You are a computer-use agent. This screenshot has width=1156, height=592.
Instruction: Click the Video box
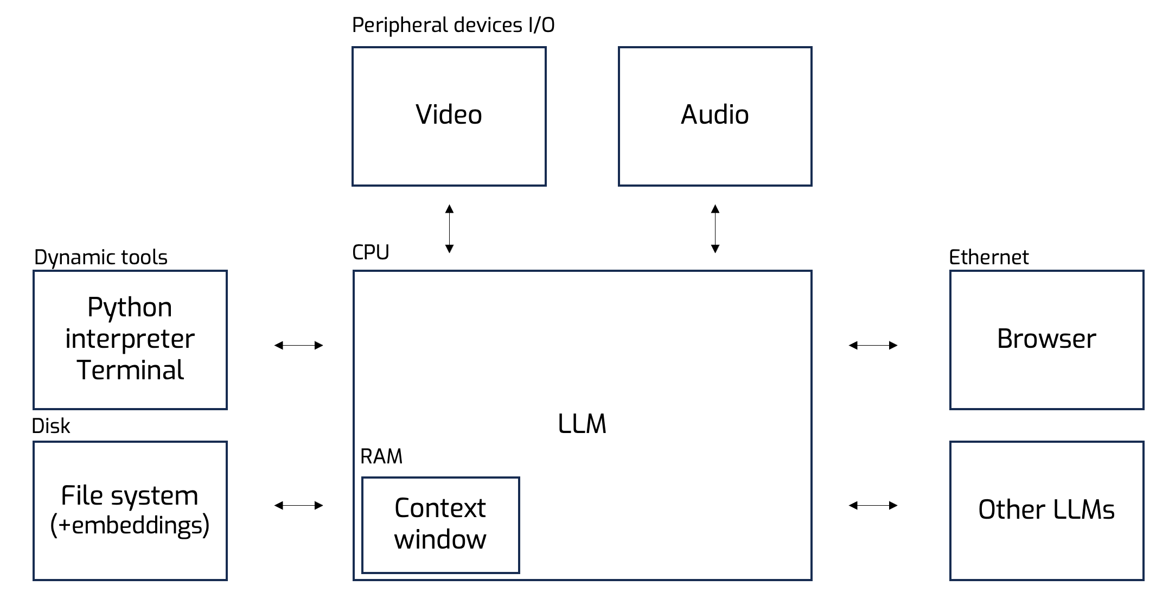coord(449,116)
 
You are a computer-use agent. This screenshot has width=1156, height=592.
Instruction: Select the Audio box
coord(715,116)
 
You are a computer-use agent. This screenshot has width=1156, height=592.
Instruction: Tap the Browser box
coord(1046,340)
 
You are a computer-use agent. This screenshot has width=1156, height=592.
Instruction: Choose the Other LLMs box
coord(1046,510)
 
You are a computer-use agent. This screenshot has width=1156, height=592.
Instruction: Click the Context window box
coord(440,525)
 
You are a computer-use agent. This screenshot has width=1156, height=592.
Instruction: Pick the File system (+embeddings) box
coord(130,510)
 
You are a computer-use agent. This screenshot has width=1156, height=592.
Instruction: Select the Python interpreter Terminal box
coord(130,340)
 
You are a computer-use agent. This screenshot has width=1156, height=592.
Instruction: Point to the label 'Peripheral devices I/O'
coord(453,26)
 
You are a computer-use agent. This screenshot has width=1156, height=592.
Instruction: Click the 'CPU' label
coord(371,252)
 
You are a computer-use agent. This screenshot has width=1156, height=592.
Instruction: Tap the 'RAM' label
coord(381,457)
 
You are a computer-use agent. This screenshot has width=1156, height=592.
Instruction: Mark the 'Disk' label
coord(51,427)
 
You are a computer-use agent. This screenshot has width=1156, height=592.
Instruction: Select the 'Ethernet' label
coord(988,257)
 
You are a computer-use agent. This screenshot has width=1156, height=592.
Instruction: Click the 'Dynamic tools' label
coord(101,257)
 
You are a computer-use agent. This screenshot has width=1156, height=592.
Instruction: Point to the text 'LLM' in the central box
coord(582,424)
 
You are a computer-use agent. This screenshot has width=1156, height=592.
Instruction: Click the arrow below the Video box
coord(449,228)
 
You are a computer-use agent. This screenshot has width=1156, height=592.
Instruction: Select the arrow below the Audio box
coord(715,228)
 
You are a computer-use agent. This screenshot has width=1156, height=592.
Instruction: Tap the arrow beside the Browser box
coord(873,345)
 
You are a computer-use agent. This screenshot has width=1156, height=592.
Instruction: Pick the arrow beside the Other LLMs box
coord(873,505)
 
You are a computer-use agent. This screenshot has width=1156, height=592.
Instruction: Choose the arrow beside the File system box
coord(298,505)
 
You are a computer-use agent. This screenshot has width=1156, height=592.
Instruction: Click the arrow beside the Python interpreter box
coord(298,345)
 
